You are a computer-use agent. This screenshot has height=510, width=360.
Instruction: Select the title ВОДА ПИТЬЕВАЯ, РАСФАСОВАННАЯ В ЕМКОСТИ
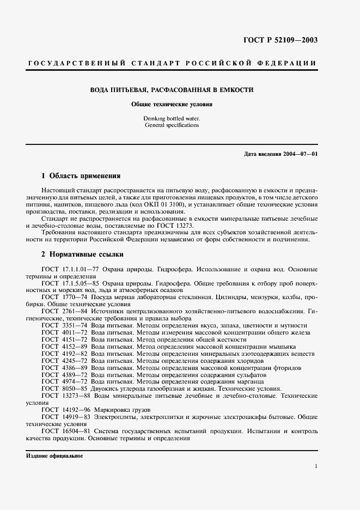pos(172,89)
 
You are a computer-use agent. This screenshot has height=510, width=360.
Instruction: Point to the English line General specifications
pos(172,125)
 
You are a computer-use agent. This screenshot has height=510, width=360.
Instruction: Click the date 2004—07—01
pos(300,154)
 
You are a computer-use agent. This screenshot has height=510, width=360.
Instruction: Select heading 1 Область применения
pos(81,176)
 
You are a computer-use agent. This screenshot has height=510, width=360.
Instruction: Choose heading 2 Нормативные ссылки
pos(83,254)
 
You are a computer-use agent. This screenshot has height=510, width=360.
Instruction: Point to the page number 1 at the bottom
pos(316,466)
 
